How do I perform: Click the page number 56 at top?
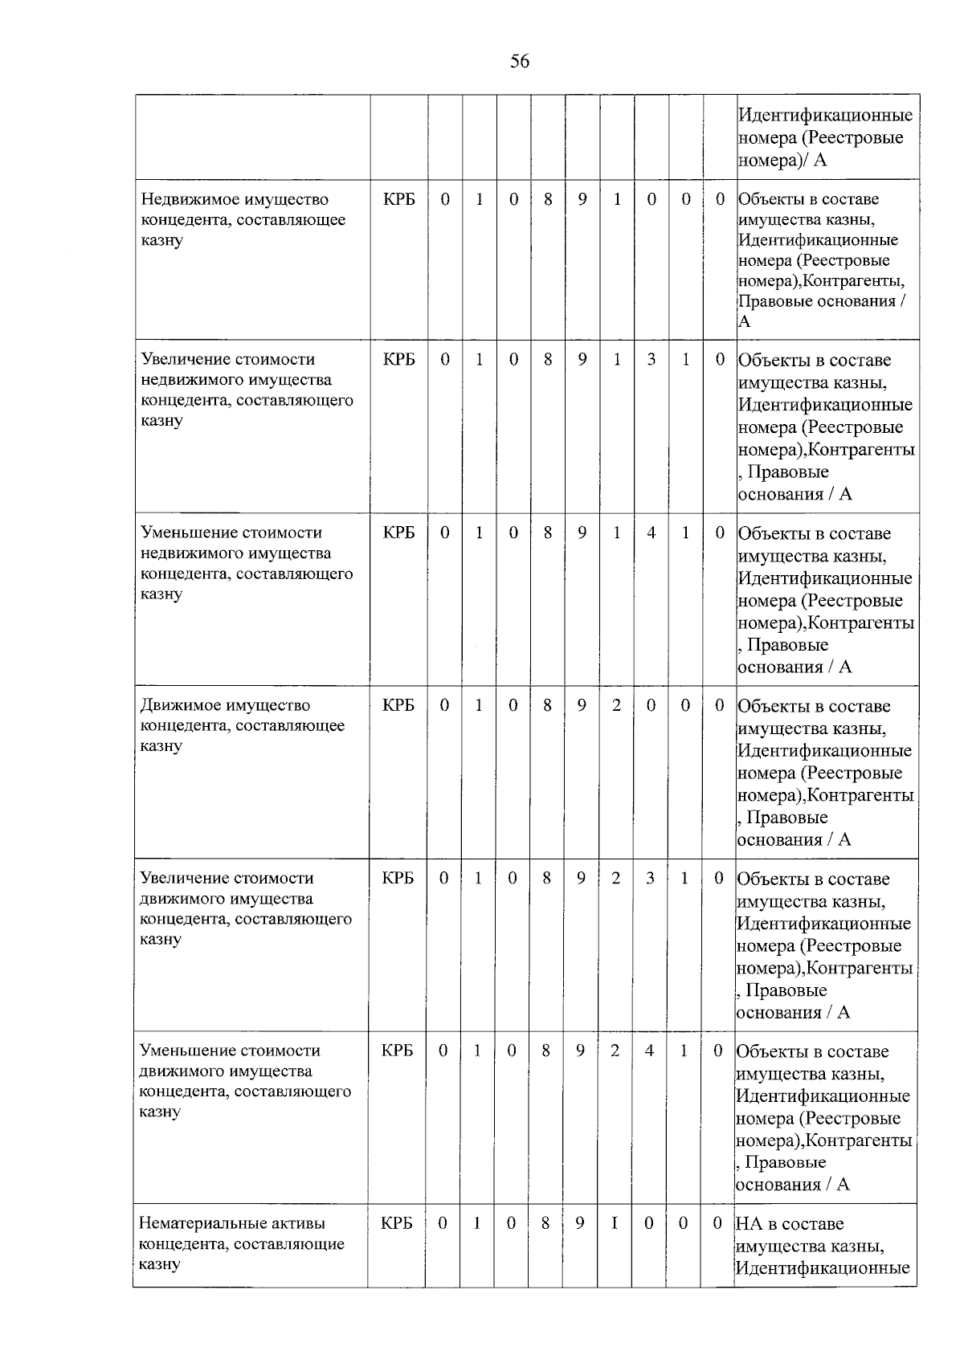520,61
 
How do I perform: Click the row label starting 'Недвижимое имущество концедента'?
243,219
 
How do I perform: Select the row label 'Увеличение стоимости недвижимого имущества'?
246,390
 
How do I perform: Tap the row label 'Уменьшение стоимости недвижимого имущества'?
246,562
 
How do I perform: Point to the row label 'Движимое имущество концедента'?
242,725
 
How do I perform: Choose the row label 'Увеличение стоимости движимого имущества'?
245,908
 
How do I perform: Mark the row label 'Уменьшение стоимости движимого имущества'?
244,1080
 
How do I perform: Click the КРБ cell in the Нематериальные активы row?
397,1223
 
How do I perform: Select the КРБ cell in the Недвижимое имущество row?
399,199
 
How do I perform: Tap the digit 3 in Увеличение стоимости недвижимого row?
651,360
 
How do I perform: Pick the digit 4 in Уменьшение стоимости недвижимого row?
651,533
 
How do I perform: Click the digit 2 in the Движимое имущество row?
616,705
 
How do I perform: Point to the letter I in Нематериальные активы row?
615,1223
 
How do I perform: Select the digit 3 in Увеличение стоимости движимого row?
650,878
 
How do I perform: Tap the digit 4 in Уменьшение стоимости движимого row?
649,1051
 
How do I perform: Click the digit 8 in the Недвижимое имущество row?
548,199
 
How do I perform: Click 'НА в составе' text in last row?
790,1224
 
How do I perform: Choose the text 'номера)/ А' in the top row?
782,160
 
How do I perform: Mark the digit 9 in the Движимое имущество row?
582,705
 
